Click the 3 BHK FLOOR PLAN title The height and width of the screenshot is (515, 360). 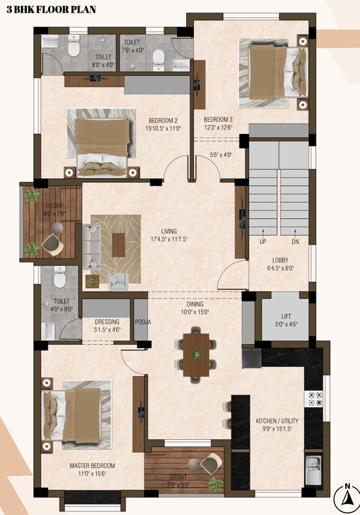click(x=51, y=9)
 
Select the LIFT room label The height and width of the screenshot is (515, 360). click(x=286, y=316)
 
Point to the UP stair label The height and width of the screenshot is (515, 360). click(x=263, y=242)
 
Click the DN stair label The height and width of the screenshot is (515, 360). click(x=295, y=242)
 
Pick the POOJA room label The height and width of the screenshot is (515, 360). click(x=143, y=322)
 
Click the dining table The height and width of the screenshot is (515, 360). click(x=196, y=354)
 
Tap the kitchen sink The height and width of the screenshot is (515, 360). click(x=313, y=471)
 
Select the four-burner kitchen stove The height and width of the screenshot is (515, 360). click(x=313, y=399)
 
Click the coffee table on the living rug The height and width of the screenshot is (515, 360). click(x=119, y=245)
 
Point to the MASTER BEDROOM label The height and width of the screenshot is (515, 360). click(x=93, y=465)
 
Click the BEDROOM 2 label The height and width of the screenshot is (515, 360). click(x=163, y=121)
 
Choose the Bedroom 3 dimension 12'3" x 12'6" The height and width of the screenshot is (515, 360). click(x=219, y=128)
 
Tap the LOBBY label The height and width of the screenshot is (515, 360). click(x=280, y=260)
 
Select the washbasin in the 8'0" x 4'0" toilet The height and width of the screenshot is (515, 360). click(x=50, y=42)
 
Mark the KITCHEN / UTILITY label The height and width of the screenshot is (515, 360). click(x=277, y=421)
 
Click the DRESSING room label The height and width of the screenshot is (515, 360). click(x=107, y=322)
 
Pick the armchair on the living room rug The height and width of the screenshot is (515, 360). click(x=119, y=282)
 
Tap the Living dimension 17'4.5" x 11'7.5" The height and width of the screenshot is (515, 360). click(x=169, y=239)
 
